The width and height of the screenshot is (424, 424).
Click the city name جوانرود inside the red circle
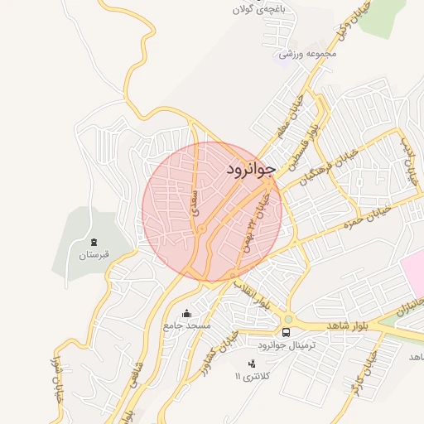pyautogui.click(x=249, y=169)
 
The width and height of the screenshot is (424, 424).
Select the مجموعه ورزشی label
pyautogui.click(x=308, y=54)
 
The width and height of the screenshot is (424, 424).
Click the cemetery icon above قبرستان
pyautogui.click(x=94, y=242)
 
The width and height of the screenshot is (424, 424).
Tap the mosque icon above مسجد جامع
pyautogui.click(x=186, y=313)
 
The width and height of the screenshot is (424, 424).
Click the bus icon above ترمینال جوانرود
pyautogui.click(x=287, y=331)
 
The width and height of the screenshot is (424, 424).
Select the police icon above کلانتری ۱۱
pyautogui.click(x=252, y=363)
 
